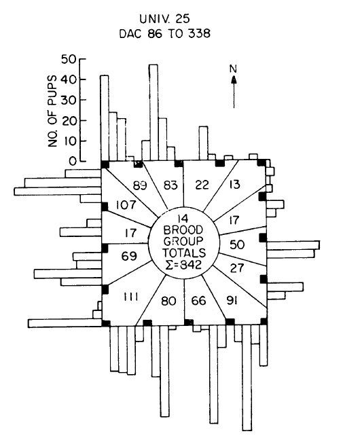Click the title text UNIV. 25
164,19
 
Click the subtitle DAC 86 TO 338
164,34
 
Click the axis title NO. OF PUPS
52,111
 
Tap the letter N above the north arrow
233,69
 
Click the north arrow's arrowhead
234,80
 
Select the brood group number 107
126,205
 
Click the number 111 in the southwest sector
131,297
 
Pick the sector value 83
170,185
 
